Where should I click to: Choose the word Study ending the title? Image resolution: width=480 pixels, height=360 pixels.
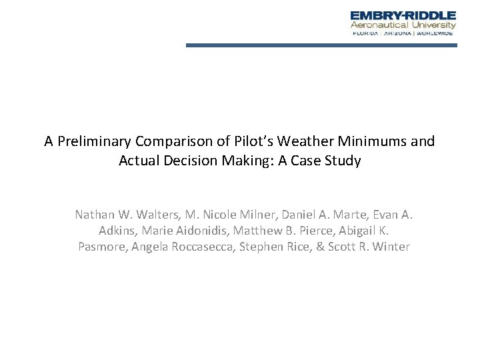pos(343,161)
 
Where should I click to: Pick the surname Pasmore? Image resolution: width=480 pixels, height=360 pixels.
pos(101,247)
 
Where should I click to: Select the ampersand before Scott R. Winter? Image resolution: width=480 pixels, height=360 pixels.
pos(324,247)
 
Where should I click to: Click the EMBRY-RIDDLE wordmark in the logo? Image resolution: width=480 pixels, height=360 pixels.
pos(403,15)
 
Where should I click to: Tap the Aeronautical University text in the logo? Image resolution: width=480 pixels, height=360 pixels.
pos(403,25)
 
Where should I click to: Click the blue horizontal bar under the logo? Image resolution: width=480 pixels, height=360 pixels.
pos(321,45)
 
